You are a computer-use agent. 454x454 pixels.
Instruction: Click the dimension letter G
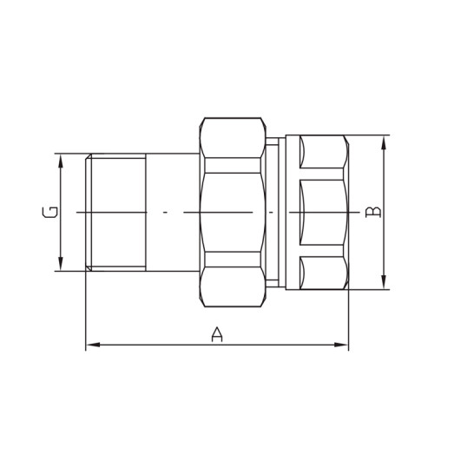49,212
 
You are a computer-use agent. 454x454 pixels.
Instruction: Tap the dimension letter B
373,212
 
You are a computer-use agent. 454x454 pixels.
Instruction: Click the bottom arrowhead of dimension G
60,265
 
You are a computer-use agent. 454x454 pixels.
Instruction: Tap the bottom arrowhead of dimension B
384,283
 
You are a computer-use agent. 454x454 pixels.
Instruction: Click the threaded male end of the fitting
115,213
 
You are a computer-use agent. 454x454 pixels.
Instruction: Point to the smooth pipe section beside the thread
172,213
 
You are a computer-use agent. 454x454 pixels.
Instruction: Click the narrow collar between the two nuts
274,213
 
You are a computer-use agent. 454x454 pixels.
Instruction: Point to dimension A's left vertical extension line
85,313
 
